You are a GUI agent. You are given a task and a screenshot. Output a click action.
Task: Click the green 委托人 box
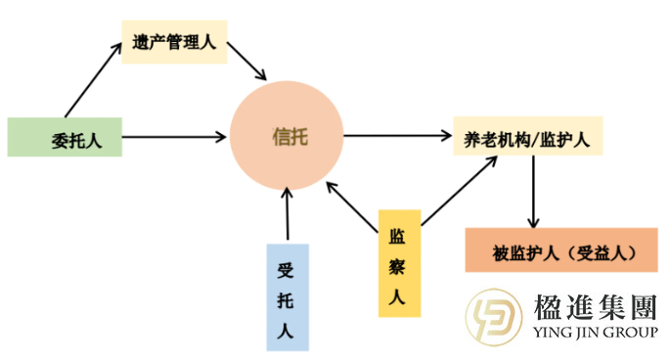[67, 137]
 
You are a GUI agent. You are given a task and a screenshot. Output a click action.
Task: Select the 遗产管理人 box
[174, 42]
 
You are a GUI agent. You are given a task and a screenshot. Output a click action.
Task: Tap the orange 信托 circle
[288, 136]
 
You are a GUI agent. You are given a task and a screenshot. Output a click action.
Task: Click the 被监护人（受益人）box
[560, 251]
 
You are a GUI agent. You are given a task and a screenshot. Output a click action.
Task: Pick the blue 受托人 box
[287, 297]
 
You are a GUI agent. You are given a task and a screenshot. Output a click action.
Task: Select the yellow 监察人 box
[399, 262]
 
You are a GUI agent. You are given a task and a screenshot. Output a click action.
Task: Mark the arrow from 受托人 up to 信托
[288, 213]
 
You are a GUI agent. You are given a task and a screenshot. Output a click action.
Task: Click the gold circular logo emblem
[494, 318]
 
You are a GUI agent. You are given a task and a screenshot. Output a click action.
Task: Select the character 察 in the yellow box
[399, 264]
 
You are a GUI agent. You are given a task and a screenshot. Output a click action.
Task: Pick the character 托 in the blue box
[287, 297]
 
